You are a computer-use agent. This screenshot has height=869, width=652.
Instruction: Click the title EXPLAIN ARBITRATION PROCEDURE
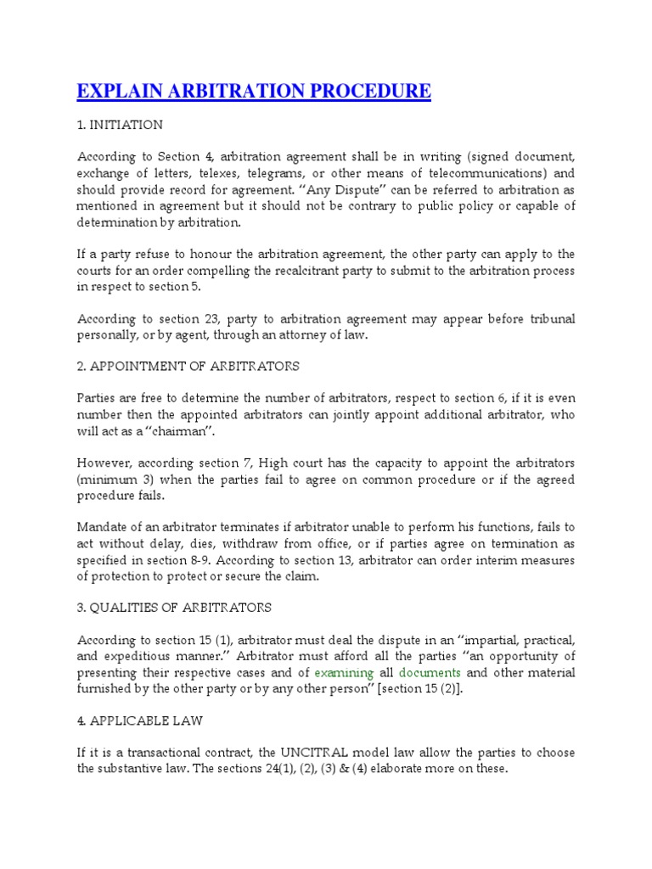pos(254,92)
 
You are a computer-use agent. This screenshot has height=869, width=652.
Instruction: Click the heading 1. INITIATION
pos(120,125)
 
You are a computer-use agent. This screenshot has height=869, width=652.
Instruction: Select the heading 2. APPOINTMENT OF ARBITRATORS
pos(188,367)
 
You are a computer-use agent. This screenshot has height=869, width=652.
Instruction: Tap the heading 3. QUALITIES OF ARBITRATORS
pos(174,608)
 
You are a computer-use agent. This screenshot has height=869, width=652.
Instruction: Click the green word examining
pos(344,673)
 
